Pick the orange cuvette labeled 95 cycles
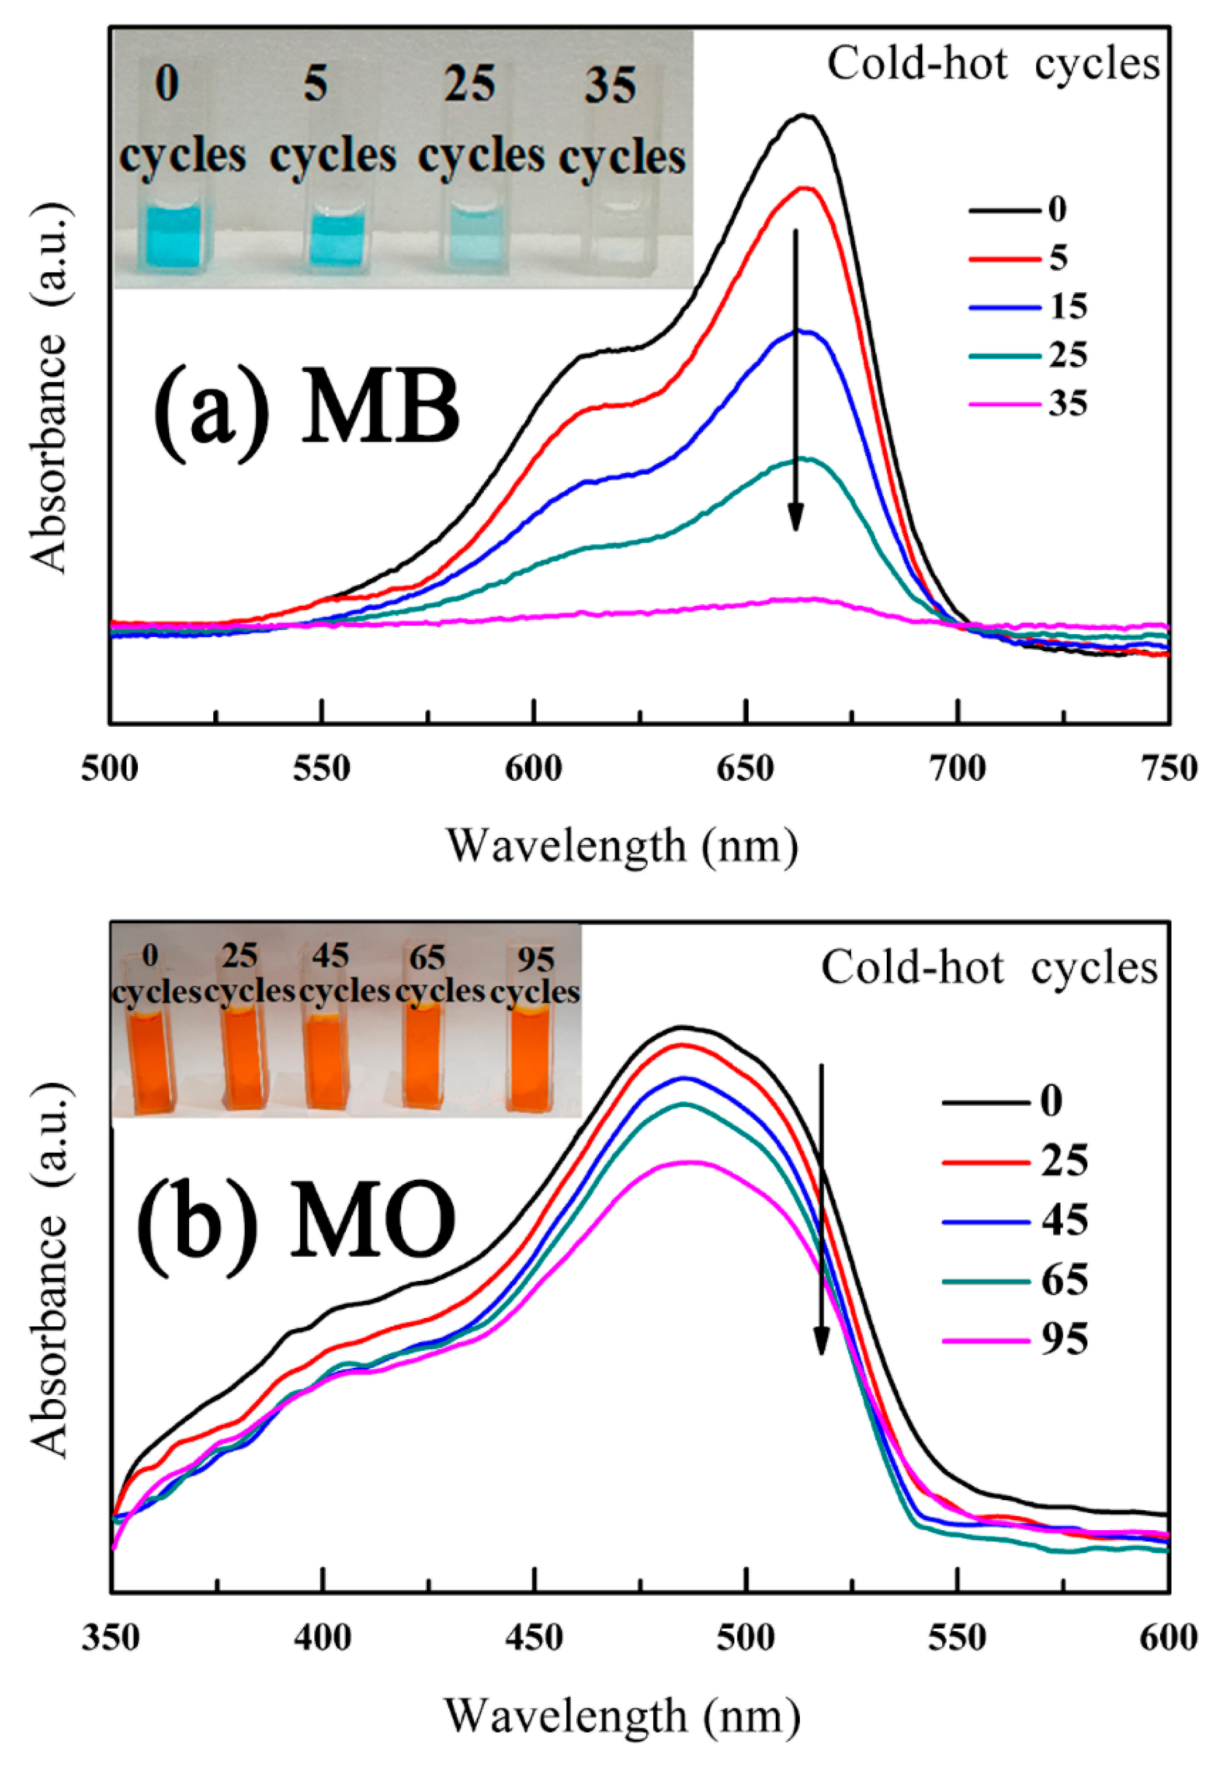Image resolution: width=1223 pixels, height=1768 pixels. pyautogui.click(x=531, y=1062)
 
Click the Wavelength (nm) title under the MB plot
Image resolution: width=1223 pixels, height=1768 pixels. pyautogui.click(x=622, y=846)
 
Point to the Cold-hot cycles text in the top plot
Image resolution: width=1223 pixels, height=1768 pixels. pyautogui.click(x=993, y=63)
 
